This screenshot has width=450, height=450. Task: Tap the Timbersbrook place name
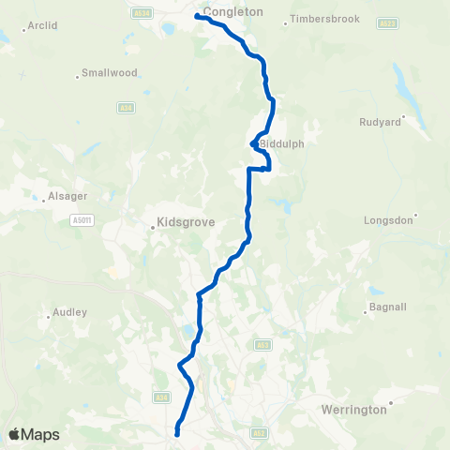(324, 19)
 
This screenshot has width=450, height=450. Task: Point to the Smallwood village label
(110, 72)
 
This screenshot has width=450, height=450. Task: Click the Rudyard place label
(381, 122)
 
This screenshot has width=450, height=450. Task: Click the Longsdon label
(388, 220)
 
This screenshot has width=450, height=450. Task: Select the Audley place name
(70, 311)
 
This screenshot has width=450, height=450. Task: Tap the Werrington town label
(352, 410)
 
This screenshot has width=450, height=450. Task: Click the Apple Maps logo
(34, 434)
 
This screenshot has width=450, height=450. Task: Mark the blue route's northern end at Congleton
(198, 16)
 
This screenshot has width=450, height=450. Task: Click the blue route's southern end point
(177, 433)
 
